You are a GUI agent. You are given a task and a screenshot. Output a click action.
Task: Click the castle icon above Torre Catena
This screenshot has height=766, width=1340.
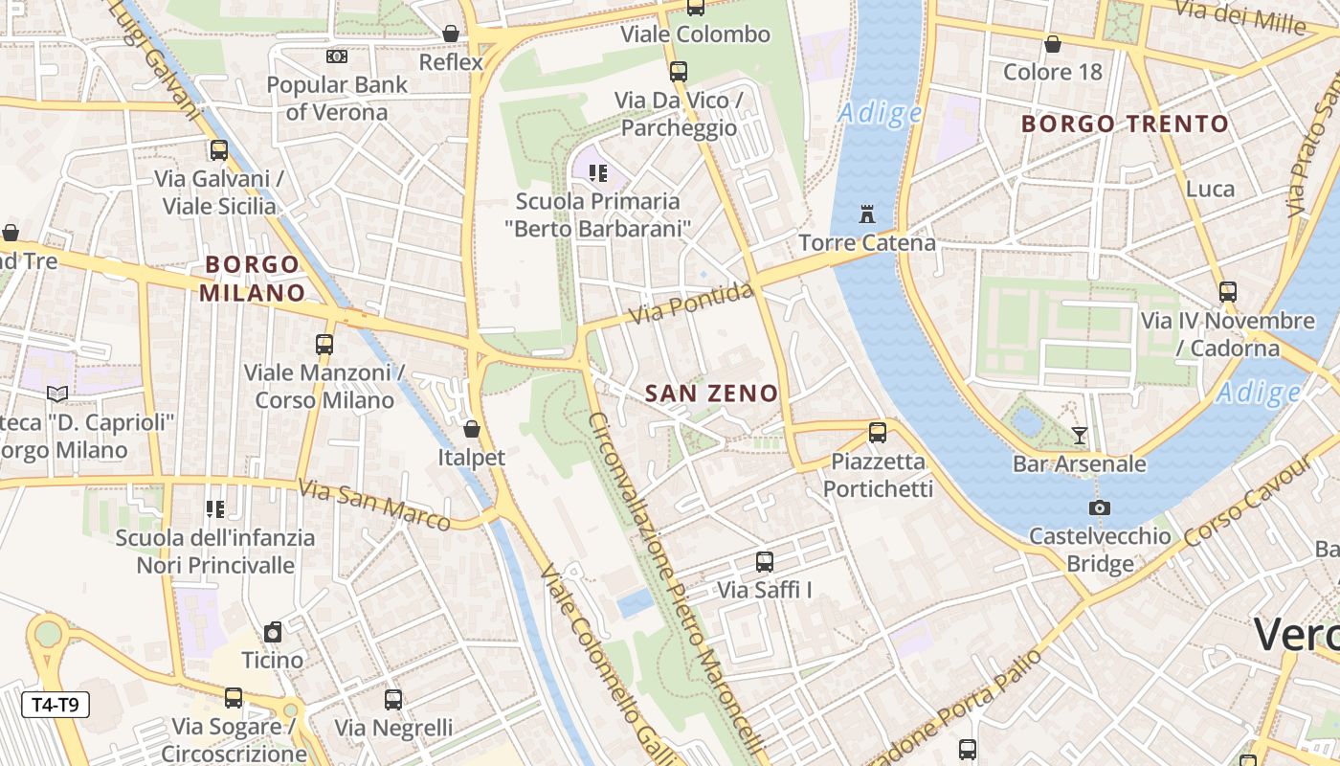(867, 214)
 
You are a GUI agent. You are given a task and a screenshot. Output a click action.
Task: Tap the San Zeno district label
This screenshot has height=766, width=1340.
(711, 393)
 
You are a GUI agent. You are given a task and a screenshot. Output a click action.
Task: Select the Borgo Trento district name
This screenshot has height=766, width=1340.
(1125, 124)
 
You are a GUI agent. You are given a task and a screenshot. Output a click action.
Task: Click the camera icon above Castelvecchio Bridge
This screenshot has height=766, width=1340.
(1099, 507)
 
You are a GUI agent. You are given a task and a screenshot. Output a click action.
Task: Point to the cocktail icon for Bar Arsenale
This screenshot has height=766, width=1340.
(1080, 436)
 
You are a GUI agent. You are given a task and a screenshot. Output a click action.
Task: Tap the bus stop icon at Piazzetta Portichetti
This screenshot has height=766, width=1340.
(878, 432)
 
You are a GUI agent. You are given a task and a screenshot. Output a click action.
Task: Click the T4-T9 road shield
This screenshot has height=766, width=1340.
(56, 706)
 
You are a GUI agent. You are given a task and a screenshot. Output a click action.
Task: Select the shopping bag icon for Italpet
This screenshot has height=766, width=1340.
(471, 428)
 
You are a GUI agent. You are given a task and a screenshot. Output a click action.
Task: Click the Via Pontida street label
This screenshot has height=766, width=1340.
(691, 303)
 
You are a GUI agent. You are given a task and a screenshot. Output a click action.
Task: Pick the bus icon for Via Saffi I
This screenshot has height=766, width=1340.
(764, 561)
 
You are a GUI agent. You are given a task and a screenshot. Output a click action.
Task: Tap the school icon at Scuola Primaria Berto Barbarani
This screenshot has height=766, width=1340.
(598, 173)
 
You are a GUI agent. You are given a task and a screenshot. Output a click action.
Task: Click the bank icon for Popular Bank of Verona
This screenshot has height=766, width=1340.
(336, 56)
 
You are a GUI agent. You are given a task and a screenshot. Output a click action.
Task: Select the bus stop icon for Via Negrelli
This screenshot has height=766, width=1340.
(393, 699)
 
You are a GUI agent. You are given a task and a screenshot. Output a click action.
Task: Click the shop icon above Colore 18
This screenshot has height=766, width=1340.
(1052, 44)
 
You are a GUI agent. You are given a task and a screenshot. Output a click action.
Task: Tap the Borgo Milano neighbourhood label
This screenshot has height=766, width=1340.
(253, 278)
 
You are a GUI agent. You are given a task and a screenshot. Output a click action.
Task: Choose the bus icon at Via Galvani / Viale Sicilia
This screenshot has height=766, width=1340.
(219, 150)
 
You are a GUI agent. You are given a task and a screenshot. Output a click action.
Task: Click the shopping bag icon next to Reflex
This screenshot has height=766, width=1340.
(451, 34)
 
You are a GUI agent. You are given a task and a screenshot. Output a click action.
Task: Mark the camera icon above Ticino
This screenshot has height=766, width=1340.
(273, 632)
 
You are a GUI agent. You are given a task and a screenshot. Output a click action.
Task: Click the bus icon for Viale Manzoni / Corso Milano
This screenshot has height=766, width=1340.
(324, 344)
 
